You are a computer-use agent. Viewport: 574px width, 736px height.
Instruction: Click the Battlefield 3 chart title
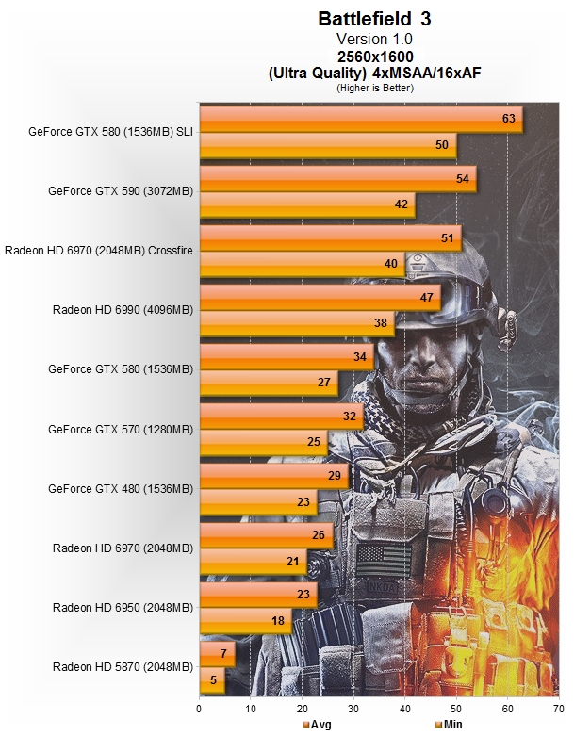[375, 18]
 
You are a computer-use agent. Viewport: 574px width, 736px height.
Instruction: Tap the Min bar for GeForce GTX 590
[306, 204]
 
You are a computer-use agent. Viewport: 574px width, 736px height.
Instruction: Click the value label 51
[446, 237]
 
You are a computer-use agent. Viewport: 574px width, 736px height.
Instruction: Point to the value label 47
[425, 298]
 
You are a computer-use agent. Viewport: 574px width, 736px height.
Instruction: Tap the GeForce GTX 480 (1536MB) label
[121, 489]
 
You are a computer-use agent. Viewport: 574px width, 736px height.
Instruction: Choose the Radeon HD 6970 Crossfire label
[99, 250]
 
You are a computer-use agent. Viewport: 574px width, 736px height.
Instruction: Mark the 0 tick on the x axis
[200, 708]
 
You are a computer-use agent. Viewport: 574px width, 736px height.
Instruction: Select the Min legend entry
[448, 725]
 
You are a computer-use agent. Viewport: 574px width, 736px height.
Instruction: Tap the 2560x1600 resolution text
[375, 56]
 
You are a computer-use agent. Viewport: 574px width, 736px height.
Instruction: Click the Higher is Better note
[375, 87]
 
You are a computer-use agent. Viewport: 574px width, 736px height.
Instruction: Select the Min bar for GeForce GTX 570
[263, 441]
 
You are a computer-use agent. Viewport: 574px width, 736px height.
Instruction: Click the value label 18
[278, 620]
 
